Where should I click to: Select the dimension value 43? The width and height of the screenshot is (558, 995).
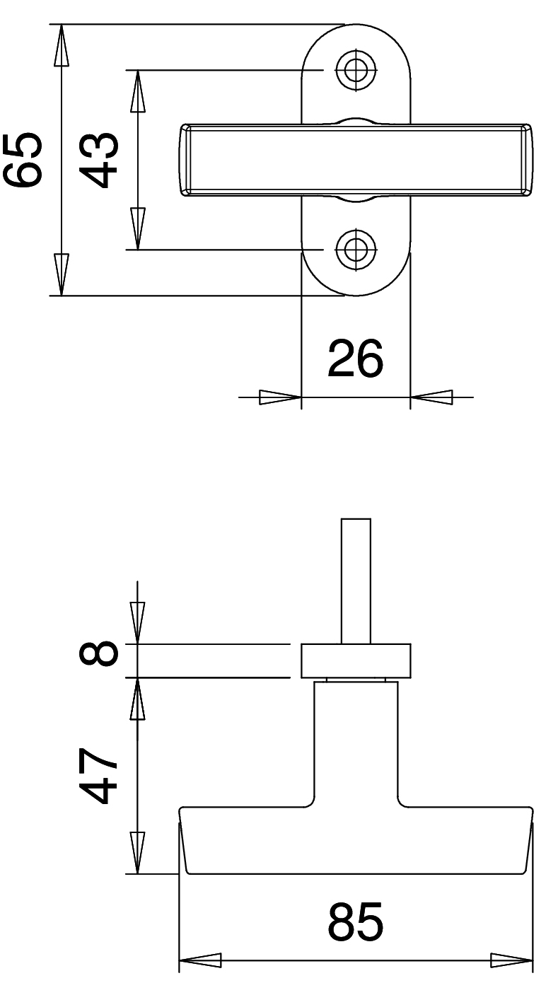pos(98,160)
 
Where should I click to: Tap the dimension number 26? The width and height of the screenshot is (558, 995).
pos(356,359)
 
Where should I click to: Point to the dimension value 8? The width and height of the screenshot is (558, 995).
pos(98,654)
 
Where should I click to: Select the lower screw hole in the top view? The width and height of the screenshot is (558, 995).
pos(356,248)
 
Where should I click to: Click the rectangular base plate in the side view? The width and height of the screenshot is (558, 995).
pos(356,661)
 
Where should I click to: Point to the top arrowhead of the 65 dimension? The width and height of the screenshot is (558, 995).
pos(62,45)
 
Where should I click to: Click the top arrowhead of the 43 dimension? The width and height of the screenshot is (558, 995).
pos(137,91)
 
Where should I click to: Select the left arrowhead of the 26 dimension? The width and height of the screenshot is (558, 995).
pos(280,397)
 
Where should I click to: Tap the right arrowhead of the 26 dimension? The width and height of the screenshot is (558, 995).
pos(431,397)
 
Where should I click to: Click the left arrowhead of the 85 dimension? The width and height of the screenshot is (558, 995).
pos(200,960)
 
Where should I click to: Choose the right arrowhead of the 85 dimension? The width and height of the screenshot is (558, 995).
pos(511,960)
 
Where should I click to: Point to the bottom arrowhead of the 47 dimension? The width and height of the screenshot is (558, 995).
pos(137,853)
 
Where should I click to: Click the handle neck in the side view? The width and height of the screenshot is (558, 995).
pos(356,743)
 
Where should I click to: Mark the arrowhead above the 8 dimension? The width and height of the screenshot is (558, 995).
pos(137,623)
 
